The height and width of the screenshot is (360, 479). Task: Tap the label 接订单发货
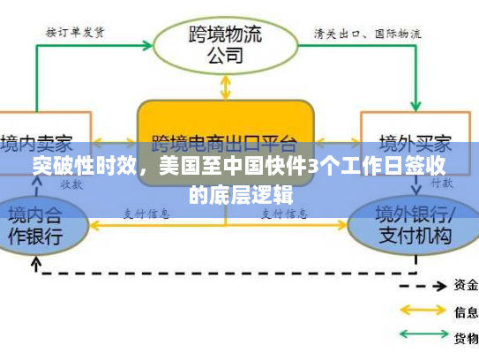click(75, 33)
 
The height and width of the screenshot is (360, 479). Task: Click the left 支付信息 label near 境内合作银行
click(146, 212)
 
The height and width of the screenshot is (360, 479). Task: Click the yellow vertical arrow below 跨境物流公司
click(226, 86)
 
